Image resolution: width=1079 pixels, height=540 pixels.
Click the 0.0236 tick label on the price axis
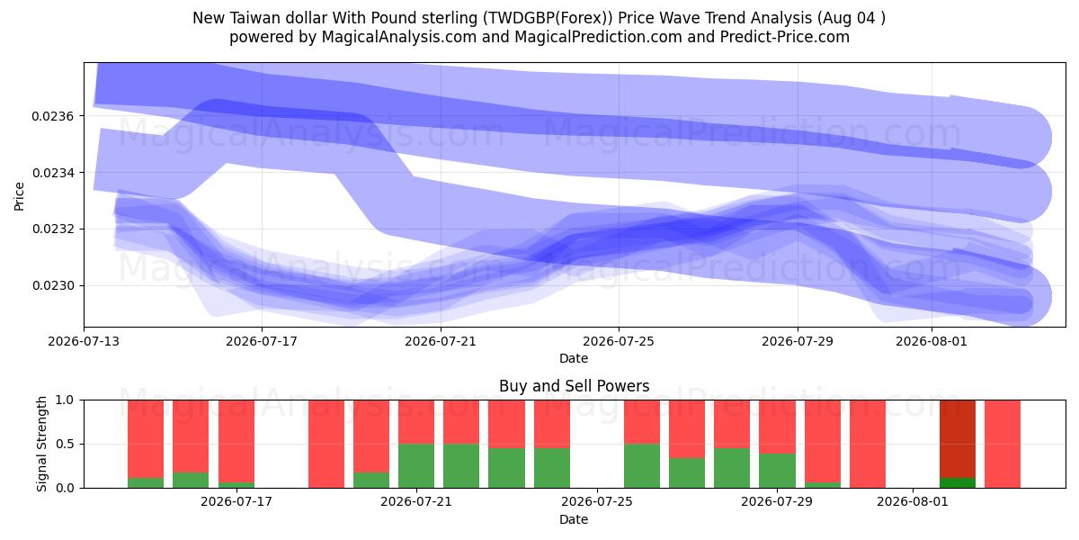[52, 116]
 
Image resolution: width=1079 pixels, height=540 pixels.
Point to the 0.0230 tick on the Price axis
[52, 286]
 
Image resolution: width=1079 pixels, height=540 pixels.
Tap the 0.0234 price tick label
[52, 173]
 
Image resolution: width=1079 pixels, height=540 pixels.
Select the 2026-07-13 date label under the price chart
[84, 341]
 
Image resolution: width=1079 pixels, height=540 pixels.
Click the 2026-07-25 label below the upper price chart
[619, 341]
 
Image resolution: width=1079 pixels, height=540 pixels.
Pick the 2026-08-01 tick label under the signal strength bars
[913, 501]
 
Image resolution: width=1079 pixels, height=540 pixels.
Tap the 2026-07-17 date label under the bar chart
[236, 501]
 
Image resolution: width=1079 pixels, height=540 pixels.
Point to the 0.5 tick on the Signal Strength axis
[65, 444]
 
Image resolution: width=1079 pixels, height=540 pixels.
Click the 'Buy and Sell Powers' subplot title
[575, 386]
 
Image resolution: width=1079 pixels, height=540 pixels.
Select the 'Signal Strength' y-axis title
[42, 444]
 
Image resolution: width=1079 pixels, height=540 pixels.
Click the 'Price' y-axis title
[19, 196]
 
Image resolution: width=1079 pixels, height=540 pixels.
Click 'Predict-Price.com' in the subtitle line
[785, 37]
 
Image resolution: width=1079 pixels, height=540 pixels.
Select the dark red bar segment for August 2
[958, 439]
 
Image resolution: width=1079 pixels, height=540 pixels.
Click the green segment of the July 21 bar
[416, 466]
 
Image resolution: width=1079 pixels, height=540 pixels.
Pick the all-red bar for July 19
[326, 444]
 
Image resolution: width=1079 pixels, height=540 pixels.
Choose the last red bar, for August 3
[1003, 444]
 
